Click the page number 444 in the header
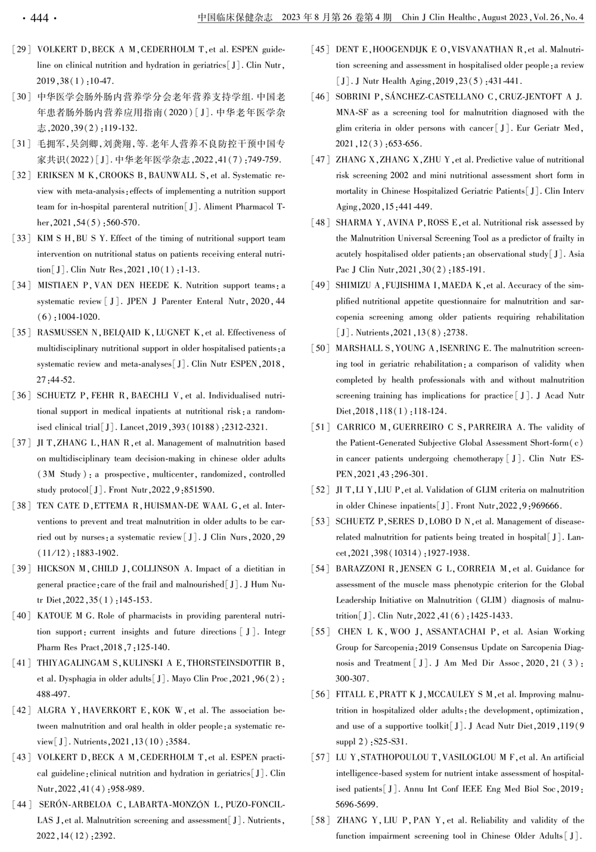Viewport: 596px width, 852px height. (x=39, y=18)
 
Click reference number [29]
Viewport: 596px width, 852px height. (x=21, y=49)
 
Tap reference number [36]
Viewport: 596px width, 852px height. (x=21, y=396)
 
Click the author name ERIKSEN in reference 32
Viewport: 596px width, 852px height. (x=55, y=175)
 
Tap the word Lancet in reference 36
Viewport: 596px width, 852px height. (x=132, y=427)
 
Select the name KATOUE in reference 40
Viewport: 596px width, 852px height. (x=54, y=616)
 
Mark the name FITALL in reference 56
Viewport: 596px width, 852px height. (x=350, y=695)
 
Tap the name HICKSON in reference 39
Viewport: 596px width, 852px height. (x=55, y=569)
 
